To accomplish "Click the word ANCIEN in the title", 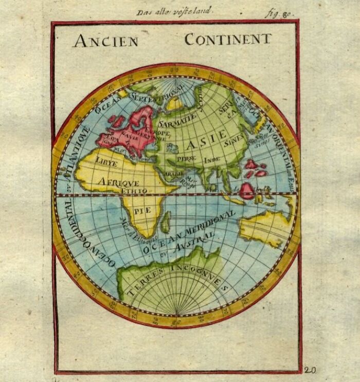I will (x=105, y=41).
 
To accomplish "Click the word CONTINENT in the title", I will (x=227, y=40).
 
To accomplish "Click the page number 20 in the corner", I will (x=310, y=370).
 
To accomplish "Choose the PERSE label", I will (x=184, y=159).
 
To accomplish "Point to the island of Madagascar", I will (x=166, y=222).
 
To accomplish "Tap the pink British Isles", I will (x=116, y=121).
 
